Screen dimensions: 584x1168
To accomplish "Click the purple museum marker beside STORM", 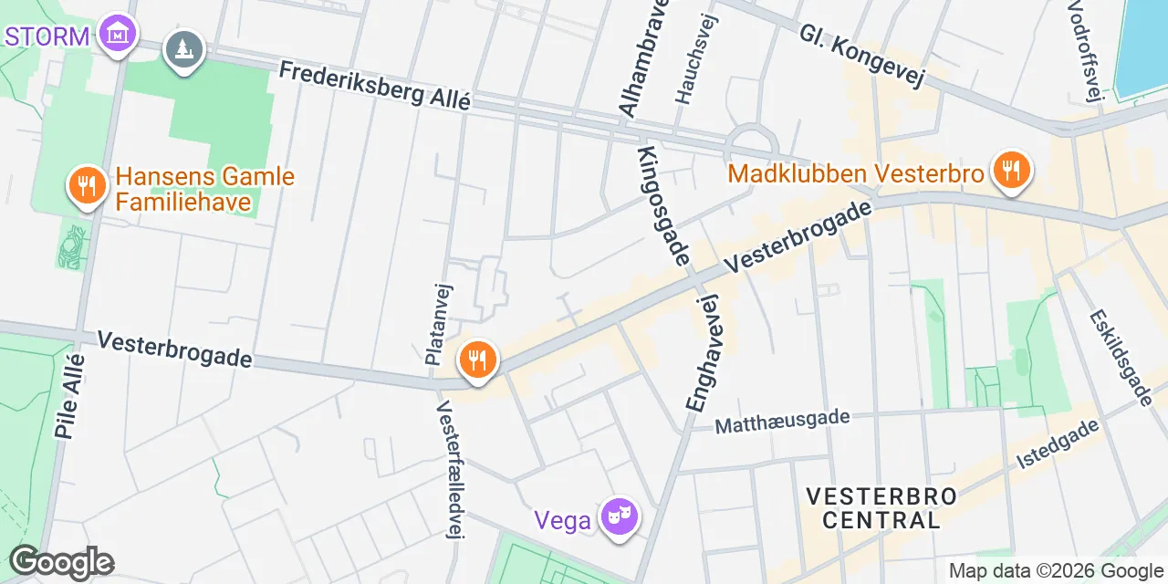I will point(119,34).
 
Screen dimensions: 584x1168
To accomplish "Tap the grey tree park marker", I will point(183,48).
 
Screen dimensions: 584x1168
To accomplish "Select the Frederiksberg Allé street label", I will point(374,85).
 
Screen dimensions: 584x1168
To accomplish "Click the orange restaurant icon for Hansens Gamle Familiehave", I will point(87,186).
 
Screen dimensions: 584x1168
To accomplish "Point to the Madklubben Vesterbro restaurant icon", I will point(1010,170).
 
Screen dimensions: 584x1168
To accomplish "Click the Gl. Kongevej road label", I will point(862,56).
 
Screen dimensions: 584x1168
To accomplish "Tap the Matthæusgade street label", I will point(782,422).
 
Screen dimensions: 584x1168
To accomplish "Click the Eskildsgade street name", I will point(1121,357).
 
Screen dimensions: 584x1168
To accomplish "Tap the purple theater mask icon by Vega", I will point(620,518).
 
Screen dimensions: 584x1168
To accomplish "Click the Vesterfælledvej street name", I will point(448,469).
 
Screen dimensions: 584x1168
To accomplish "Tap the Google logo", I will point(61,562).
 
